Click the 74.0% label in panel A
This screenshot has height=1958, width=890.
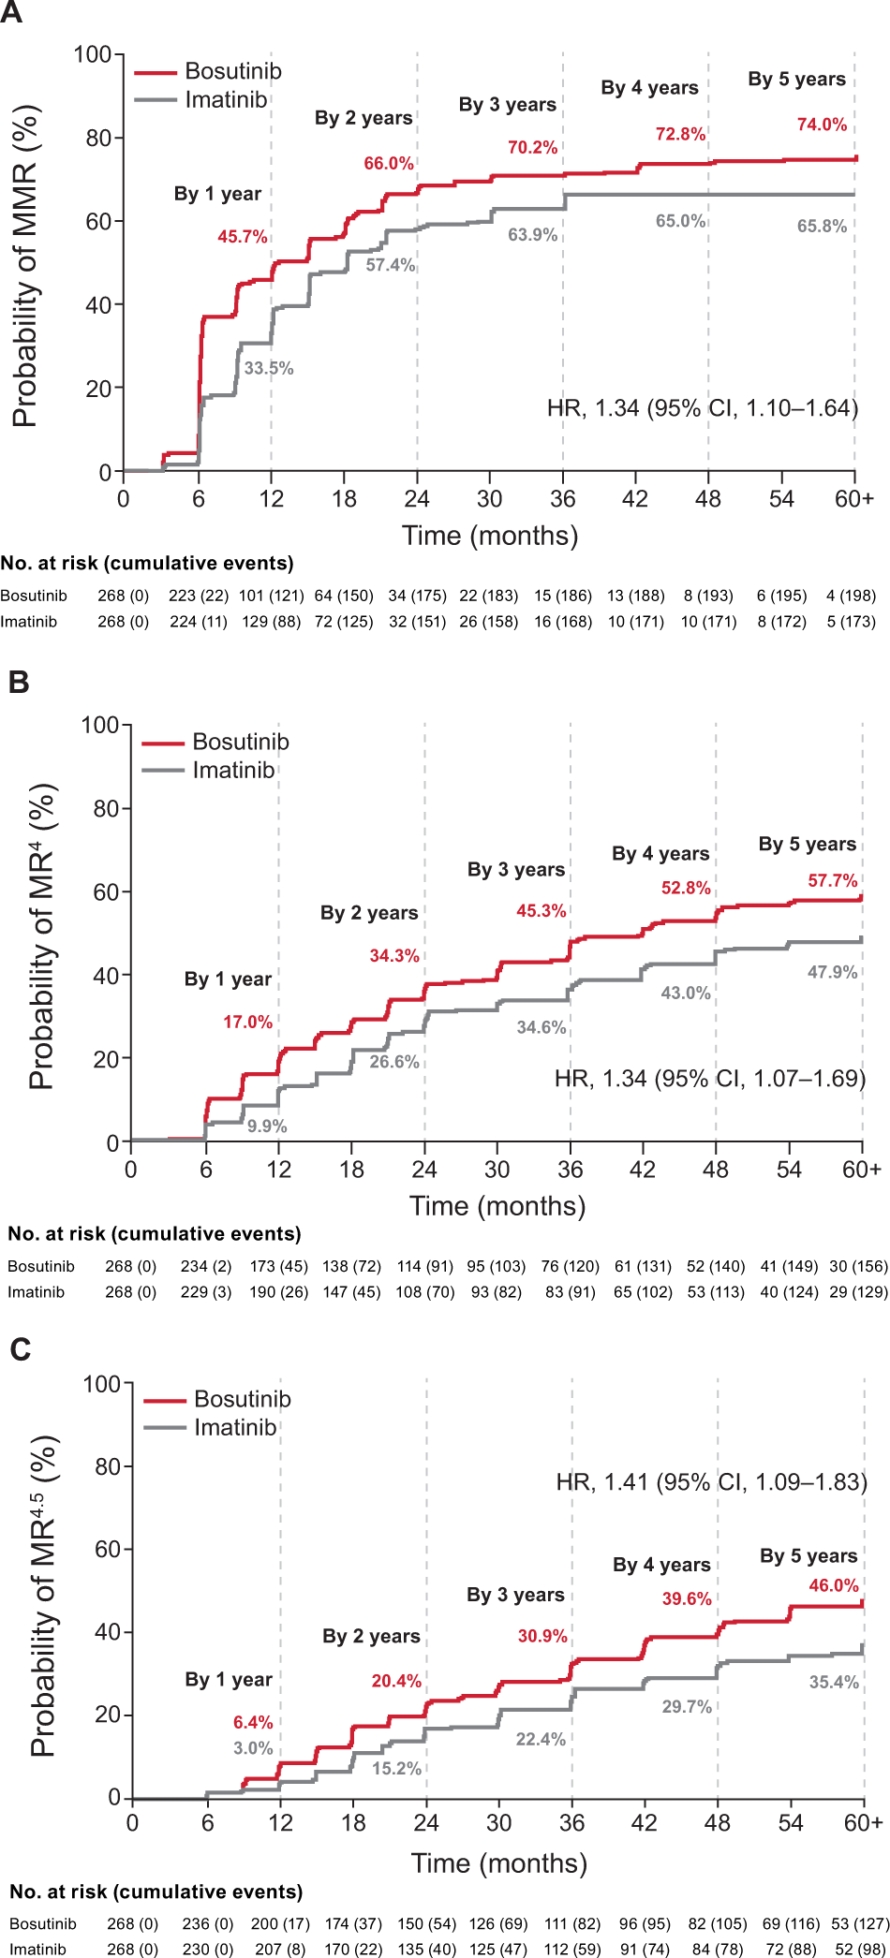822,125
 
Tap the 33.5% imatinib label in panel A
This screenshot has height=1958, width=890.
269,368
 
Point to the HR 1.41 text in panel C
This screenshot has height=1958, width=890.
711,1482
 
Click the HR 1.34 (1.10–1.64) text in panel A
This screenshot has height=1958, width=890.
702,408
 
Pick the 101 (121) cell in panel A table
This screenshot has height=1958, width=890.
271,596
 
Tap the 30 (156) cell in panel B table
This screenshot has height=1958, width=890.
858,1266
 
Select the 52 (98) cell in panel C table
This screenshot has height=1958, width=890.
860,1949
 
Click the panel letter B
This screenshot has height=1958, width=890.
19,682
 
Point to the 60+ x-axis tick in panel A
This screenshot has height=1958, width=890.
853,499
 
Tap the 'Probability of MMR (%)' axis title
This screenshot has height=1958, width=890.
25,267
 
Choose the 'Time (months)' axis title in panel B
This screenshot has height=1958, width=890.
497,1206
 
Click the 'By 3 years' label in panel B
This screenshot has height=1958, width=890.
515,869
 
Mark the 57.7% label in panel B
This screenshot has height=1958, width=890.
832,880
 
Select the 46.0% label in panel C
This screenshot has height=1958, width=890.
833,1585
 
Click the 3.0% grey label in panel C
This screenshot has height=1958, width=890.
253,1747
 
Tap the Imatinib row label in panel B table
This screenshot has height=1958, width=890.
36,1292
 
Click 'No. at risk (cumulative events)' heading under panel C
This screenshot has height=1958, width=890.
156,1892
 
